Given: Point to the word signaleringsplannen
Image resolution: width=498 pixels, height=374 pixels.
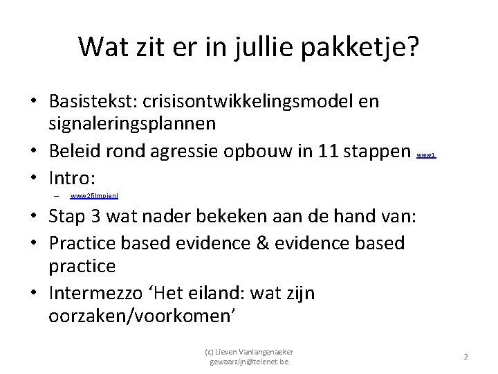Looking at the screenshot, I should click(131, 123).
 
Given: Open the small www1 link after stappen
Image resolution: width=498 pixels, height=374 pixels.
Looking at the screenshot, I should click(426, 156).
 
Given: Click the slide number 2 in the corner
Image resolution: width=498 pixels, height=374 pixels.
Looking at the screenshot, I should click(465, 357).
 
